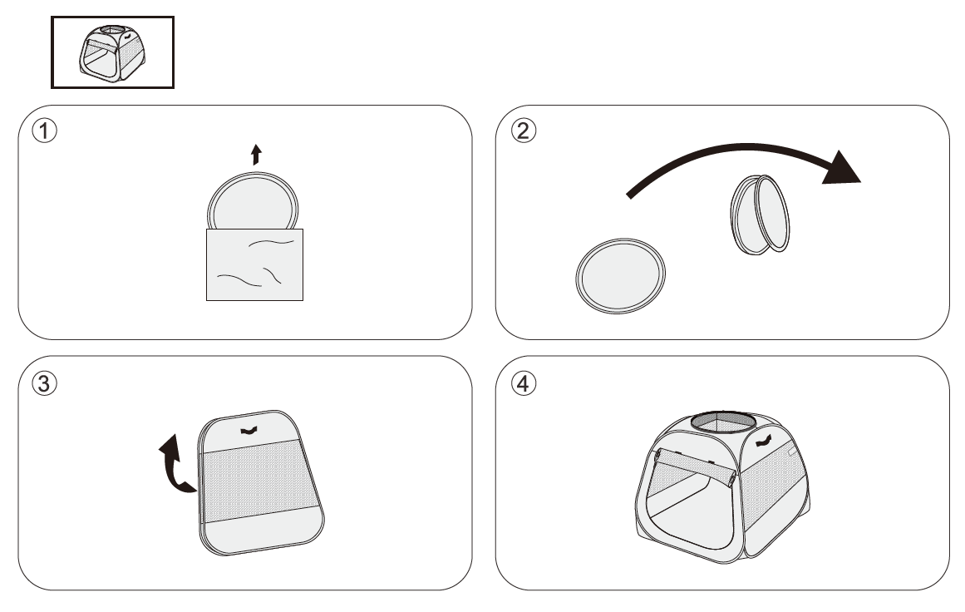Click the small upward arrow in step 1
coord(256,154)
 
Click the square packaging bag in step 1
coord(254,264)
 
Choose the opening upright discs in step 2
coord(760,212)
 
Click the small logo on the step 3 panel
coord(248,430)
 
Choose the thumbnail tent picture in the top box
coord(112,52)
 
